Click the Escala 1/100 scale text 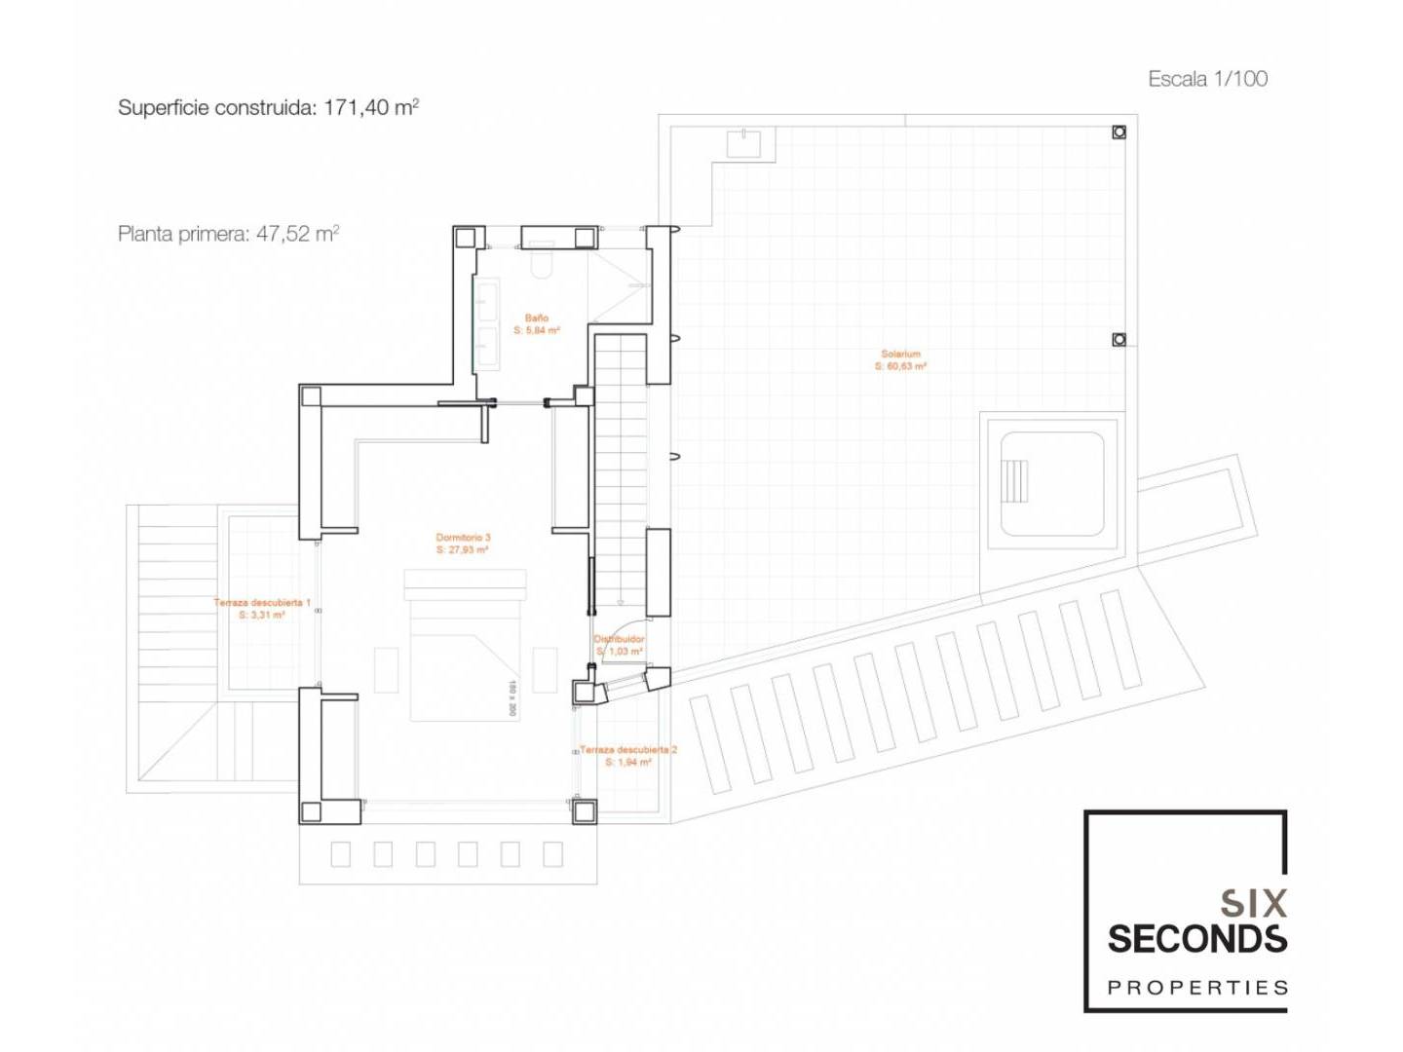click(1207, 79)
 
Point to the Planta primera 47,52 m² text click(228, 234)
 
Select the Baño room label click(536, 318)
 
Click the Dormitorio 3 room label click(463, 537)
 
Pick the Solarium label click(900, 354)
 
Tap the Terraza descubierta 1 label click(262, 603)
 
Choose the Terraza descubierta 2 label click(628, 750)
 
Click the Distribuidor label click(620, 639)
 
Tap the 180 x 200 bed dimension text click(512, 698)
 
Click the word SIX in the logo click(1253, 903)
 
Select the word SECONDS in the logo click(1197, 939)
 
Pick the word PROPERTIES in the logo click(1197, 988)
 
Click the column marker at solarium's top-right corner click(1119, 132)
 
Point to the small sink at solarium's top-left click(749, 143)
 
